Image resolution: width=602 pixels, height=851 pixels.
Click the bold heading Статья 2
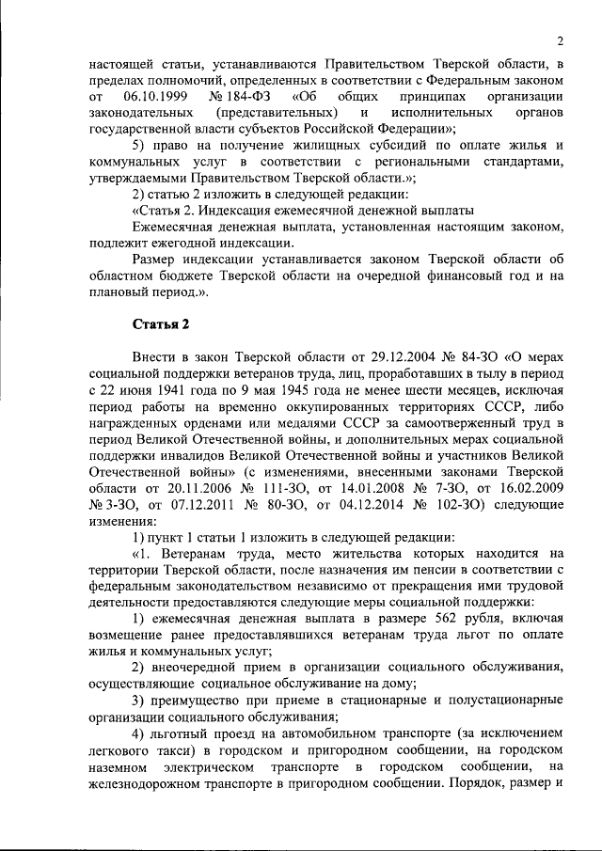point(160,324)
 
